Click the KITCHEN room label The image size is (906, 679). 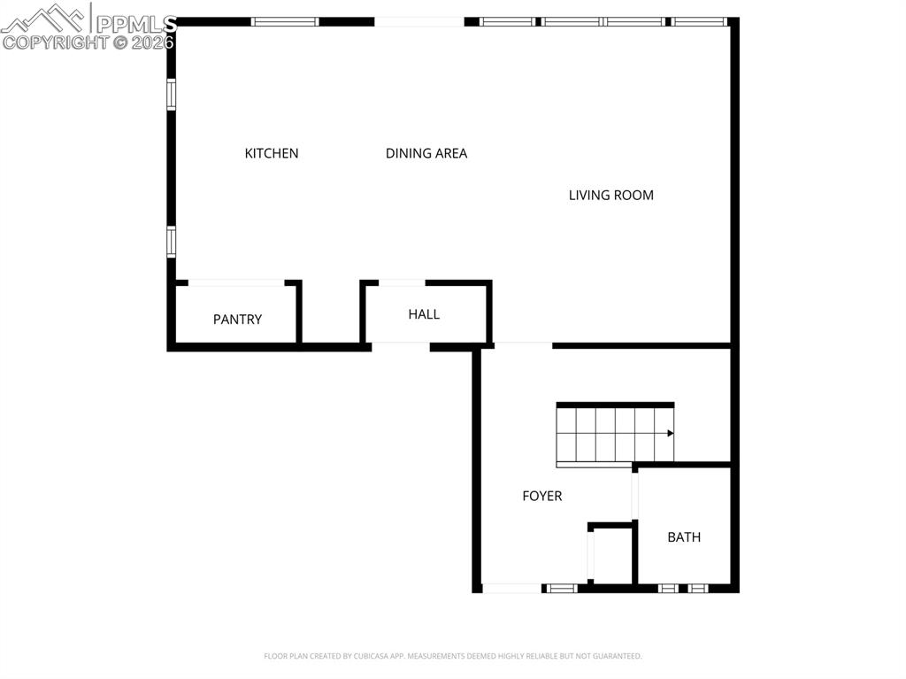[272, 153]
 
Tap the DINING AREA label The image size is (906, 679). [426, 153]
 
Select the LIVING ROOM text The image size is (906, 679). [610, 195]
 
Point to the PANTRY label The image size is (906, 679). [237, 319]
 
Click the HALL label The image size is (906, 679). [424, 314]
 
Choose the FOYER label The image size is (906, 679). [541, 496]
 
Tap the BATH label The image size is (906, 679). [684, 536]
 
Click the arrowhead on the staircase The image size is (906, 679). [670, 433]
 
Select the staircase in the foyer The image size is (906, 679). [614, 433]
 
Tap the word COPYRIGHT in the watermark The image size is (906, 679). [55, 42]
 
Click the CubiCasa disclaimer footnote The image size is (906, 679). [452, 656]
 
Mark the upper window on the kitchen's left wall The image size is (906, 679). [172, 94]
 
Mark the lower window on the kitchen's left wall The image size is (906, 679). [172, 241]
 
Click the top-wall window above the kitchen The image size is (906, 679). [285, 21]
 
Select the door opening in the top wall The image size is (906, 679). [418, 21]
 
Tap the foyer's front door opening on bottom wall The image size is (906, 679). [511, 588]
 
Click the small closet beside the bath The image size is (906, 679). [611, 555]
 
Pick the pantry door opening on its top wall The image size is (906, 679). [236, 283]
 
